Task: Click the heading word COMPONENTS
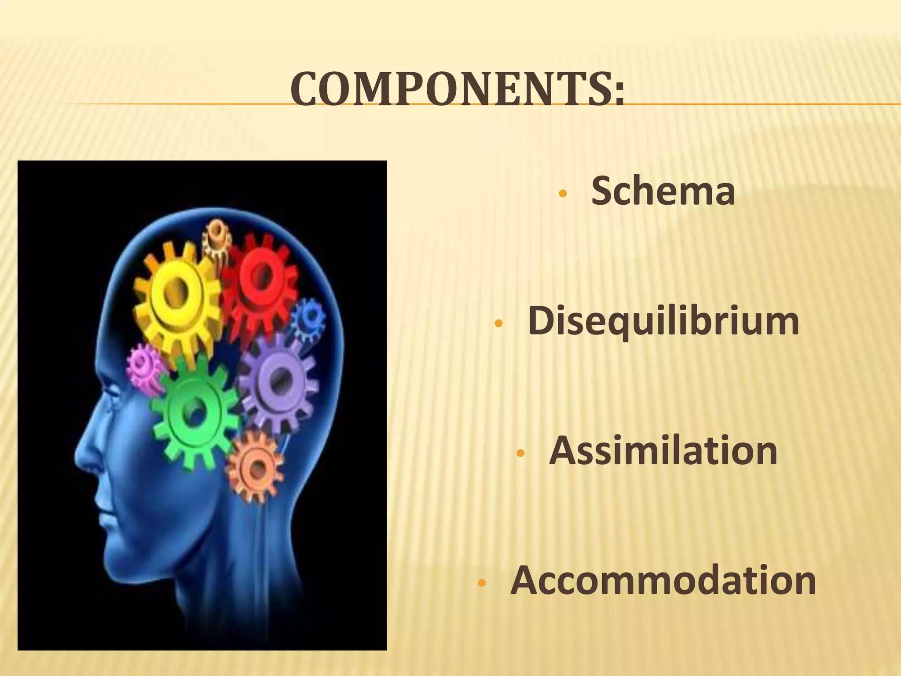coord(451,89)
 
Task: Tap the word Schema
coord(663,191)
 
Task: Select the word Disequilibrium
coord(663,322)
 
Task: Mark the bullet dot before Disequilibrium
coord(498,324)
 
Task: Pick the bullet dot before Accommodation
coord(482,584)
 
